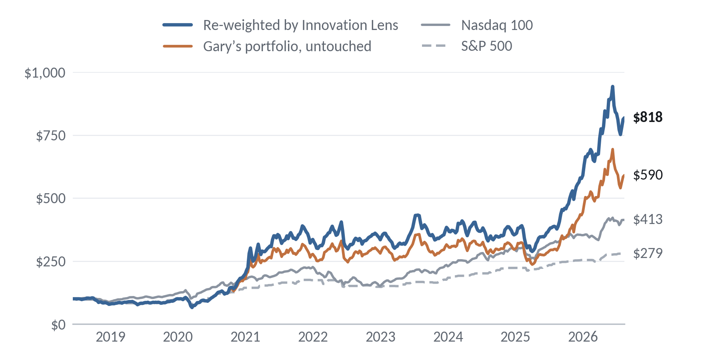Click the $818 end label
[648, 117]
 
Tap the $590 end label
[648, 175]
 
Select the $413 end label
[648, 219]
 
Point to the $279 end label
[648, 253]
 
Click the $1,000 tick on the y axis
[45, 73]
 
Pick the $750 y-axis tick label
[51, 136]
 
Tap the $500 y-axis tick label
[51, 198]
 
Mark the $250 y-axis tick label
[51, 262]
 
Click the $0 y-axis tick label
[58, 324]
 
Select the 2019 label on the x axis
[110, 337]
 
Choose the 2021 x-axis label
[245, 337]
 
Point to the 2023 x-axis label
[380, 337]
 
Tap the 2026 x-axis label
[583, 337]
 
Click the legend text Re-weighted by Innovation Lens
[300, 25]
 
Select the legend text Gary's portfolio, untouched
[287, 46]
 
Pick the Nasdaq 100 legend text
[497, 25]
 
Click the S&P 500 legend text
[486, 46]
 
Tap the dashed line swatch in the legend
[436, 46]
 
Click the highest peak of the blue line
[612, 86]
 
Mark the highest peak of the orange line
[612, 150]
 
